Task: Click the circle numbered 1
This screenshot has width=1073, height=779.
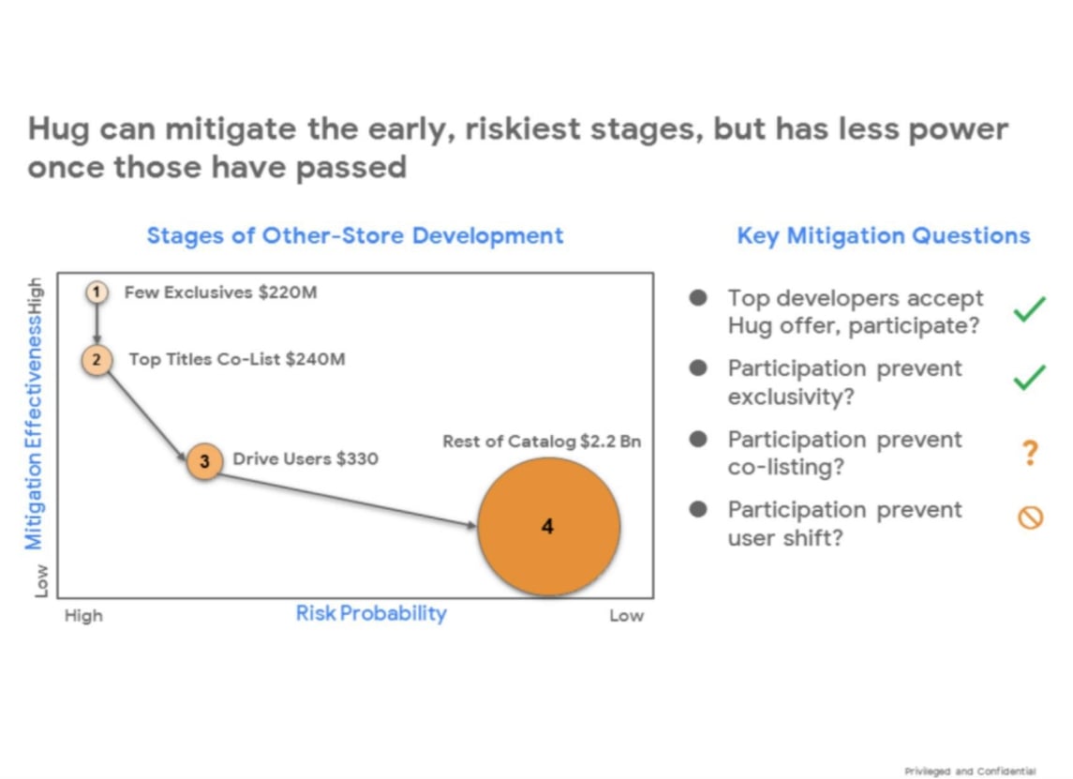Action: pyautogui.click(x=97, y=292)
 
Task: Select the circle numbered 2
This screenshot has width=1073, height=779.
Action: pyautogui.click(x=97, y=359)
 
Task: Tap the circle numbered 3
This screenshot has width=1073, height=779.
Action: pyautogui.click(x=204, y=460)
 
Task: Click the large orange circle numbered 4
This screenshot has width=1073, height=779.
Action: pyautogui.click(x=549, y=527)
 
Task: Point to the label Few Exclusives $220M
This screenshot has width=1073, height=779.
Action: pyautogui.click(x=220, y=292)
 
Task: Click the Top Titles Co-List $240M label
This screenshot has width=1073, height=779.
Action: pyautogui.click(x=237, y=359)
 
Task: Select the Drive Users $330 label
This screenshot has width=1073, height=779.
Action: pyautogui.click(x=306, y=458)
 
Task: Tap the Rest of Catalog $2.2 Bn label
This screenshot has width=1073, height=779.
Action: pyautogui.click(x=542, y=442)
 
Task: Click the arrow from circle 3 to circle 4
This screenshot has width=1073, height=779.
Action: pyautogui.click(x=348, y=500)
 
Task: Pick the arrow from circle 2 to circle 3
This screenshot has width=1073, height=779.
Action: pyautogui.click(x=147, y=415)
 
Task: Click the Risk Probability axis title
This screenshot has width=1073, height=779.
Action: pyautogui.click(x=371, y=613)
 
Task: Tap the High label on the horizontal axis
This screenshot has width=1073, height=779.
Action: pyautogui.click(x=83, y=615)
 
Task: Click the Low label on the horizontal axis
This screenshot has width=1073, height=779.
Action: pyautogui.click(x=626, y=615)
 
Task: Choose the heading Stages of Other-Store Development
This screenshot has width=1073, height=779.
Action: pyautogui.click(x=355, y=235)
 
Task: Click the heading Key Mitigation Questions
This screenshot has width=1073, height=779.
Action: pyautogui.click(x=884, y=235)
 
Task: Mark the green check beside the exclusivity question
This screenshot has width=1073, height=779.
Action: pyautogui.click(x=1029, y=377)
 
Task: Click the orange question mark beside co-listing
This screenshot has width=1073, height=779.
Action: pyautogui.click(x=1030, y=453)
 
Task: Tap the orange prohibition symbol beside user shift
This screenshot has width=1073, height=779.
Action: pyautogui.click(x=1031, y=517)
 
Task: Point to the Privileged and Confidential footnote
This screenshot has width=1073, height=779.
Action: pyautogui.click(x=970, y=771)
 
